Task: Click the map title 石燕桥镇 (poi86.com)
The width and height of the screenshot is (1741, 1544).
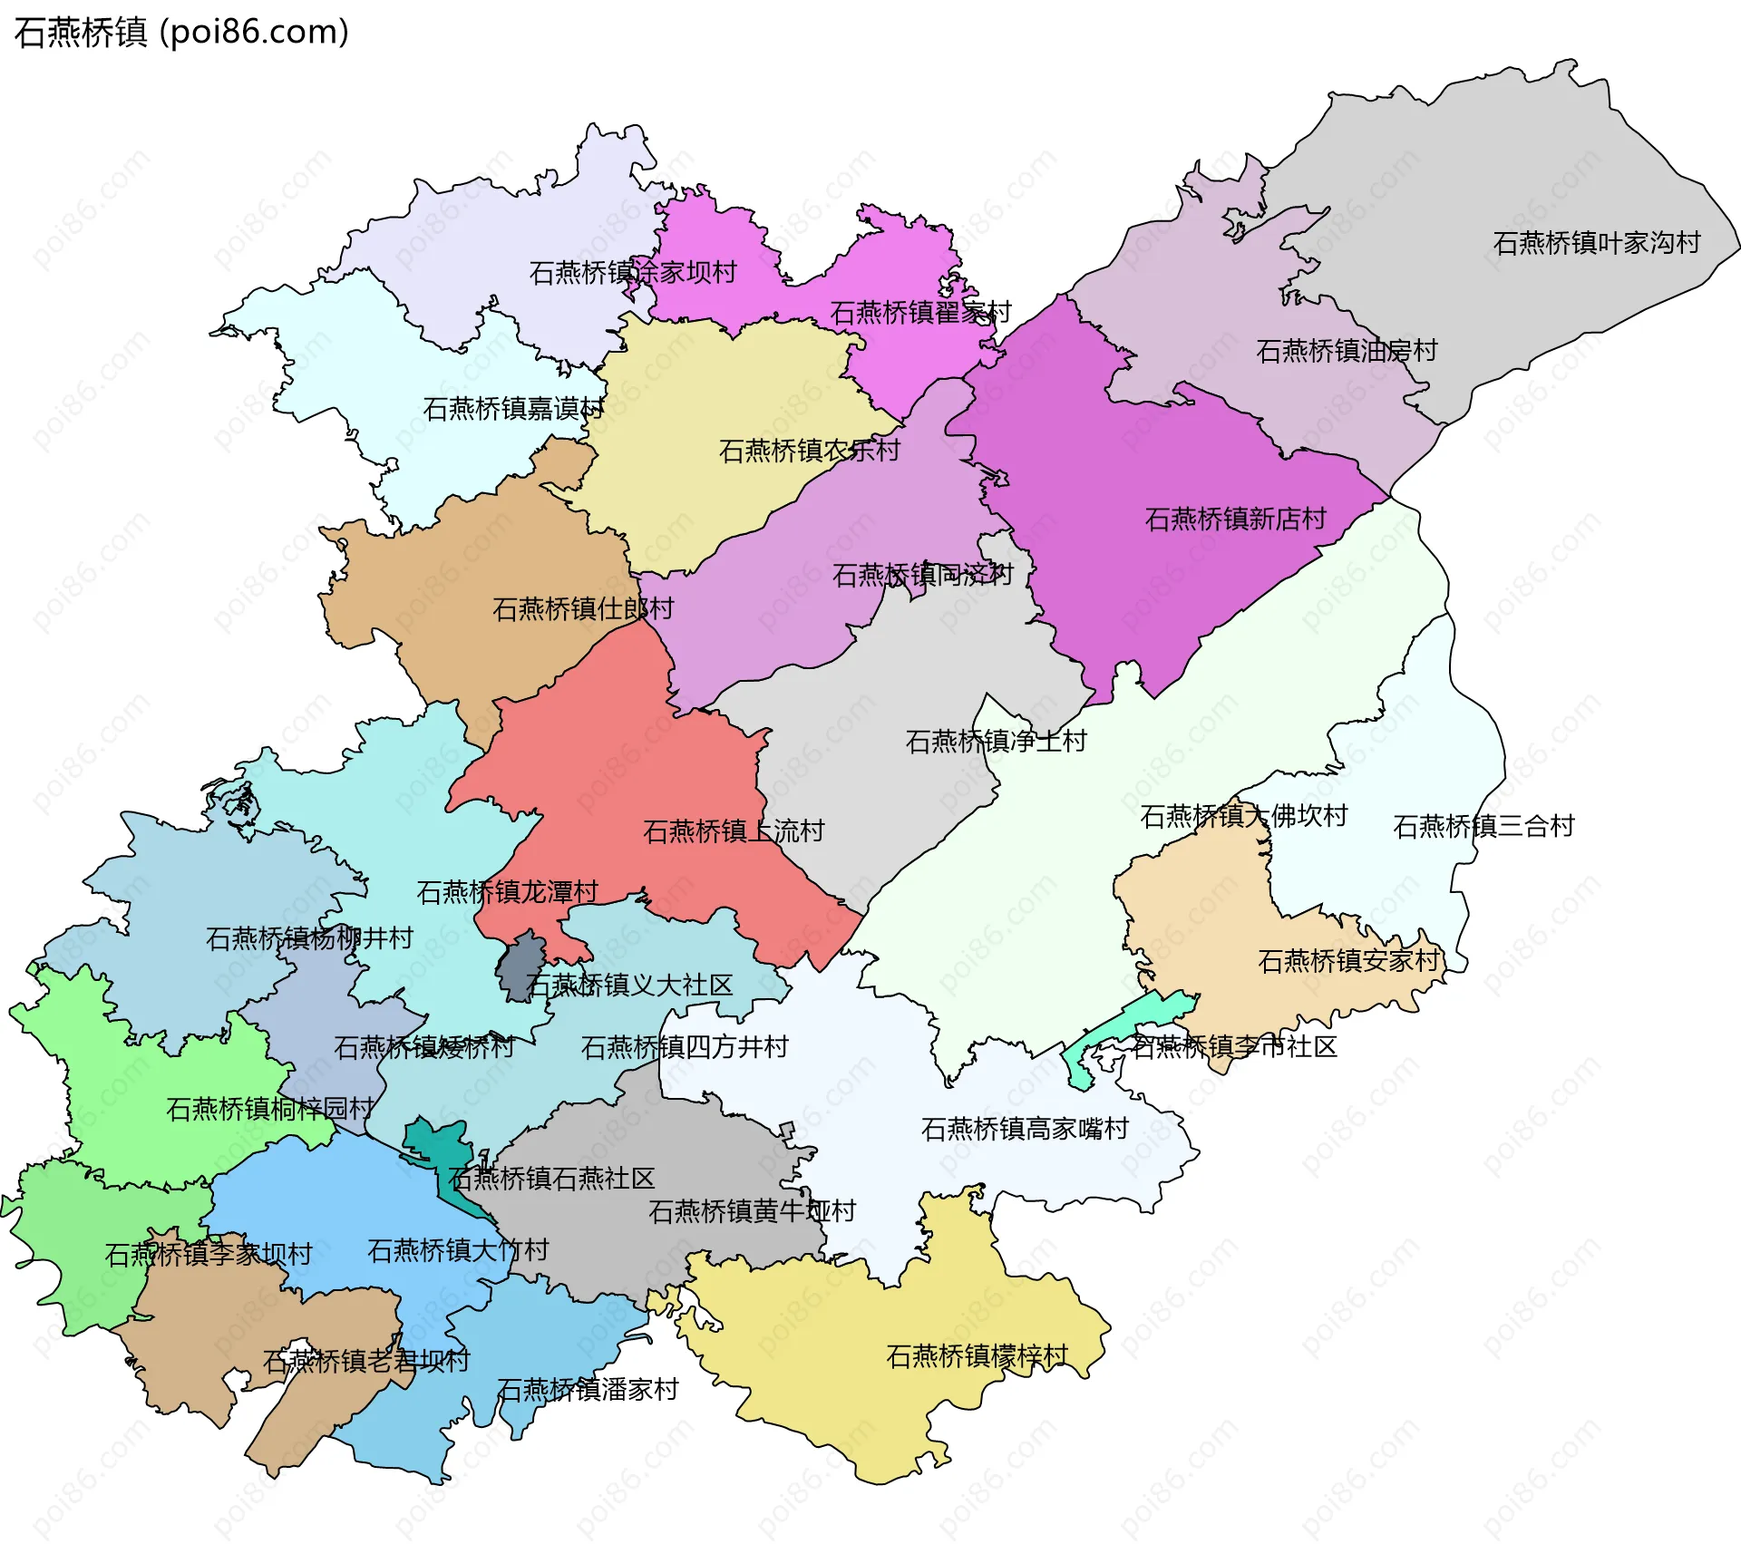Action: [181, 33]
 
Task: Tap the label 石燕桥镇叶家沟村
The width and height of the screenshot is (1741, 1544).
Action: [1596, 243]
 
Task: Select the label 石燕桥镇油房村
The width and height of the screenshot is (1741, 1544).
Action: [1347, 351]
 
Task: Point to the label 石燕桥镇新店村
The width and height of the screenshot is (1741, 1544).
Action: [1235, 520]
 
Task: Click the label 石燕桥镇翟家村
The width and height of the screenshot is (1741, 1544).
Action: [920, 313]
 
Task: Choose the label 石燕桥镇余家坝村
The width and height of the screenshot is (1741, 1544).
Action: [632, 273]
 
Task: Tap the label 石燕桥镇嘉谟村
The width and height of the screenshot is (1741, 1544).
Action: [513, 409]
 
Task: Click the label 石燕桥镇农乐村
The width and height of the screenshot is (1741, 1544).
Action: [809, 451]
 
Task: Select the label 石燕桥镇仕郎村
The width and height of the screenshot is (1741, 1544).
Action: [582, 609]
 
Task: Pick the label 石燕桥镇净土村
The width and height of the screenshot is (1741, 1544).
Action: [996, 742]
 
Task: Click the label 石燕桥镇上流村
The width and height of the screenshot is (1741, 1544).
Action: [733, 831]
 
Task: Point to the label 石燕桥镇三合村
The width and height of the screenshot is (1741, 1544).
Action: [1483, 827]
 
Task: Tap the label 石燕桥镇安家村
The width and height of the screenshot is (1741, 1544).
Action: [1348, 961]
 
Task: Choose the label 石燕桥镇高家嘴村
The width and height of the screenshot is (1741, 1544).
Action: [1025, 1129]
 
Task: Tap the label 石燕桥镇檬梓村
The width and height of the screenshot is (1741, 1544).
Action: [977, 1356]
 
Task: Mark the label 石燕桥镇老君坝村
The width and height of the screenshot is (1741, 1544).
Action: [366, 1361]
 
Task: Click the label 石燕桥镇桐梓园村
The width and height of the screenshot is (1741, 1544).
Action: [269, 1109]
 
